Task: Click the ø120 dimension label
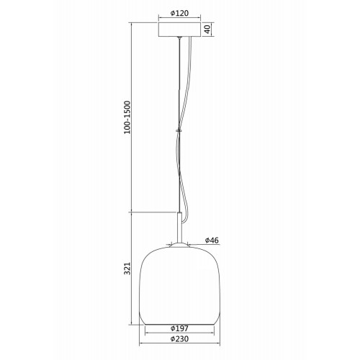coord(179,13)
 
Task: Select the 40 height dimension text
coord(207,29)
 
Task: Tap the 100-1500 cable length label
coord(127,117)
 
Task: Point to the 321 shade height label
coord(127,269)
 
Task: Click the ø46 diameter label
coord(212,240)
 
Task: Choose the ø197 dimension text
coord(179,328)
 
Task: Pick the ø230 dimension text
coord(179,339)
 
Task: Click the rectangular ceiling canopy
coord(179,30)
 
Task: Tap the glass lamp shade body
coord(179,286)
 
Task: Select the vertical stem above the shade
coord(179,228)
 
